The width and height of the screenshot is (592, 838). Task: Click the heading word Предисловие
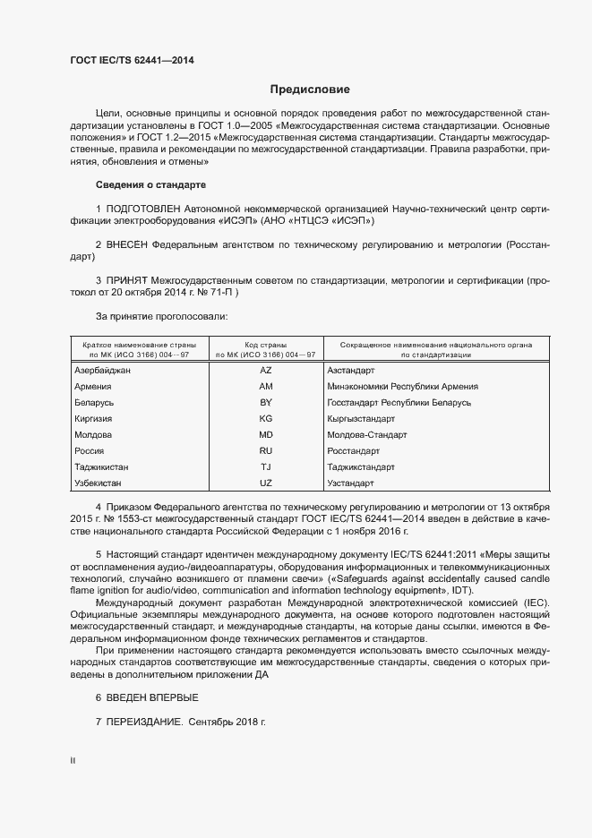click(310, 90)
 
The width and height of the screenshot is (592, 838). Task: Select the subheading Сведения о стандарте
click(150, 184)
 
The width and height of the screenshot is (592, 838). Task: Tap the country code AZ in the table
click(265, 370)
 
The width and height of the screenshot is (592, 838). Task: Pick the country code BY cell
click(265, 403)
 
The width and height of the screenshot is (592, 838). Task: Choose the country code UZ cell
click(265, 483)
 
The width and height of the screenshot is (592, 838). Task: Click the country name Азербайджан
click(103, 370)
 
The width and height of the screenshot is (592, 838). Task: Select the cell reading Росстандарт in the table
click(354, 451)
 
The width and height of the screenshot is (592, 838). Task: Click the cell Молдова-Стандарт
click(367, 435)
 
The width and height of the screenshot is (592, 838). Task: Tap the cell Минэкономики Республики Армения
click(402, 387)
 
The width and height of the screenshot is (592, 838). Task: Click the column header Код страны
click(265, 344)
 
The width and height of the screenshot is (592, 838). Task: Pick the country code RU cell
click(265, 451)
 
